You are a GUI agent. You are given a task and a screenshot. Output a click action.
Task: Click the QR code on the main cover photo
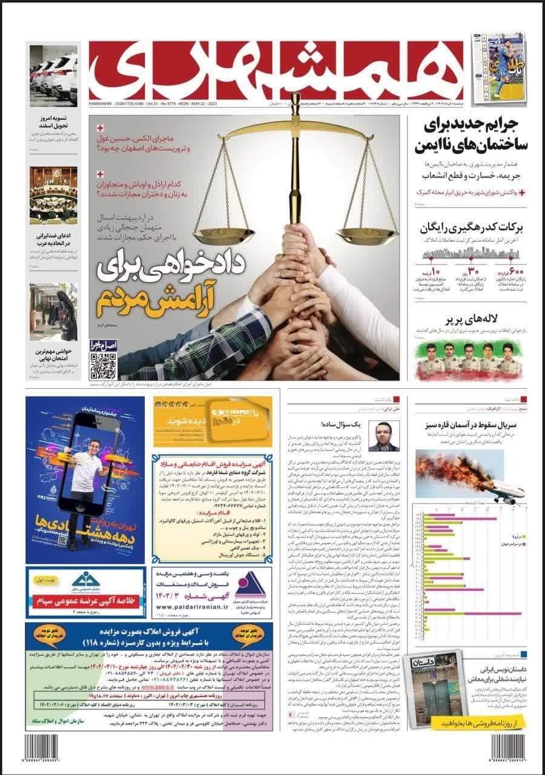pos(103,364)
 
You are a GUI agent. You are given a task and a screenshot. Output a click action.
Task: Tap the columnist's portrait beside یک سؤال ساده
pos(383,437)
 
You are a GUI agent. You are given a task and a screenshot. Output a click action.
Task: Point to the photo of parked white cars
pos(53,76)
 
